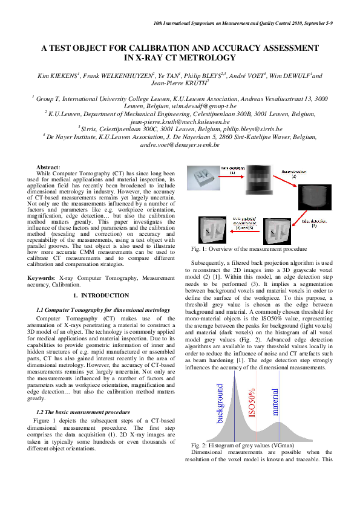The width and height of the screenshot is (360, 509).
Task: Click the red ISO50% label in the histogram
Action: click(x=252, y=408)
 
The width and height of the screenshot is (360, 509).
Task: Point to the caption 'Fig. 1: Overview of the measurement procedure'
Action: click(x=248, y=249)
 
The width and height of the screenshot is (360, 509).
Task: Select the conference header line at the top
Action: click(x=252, y=22)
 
